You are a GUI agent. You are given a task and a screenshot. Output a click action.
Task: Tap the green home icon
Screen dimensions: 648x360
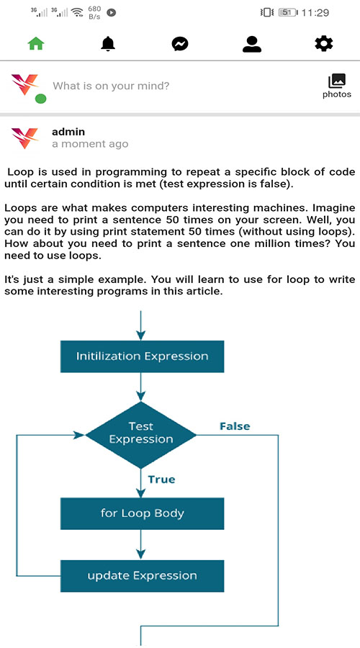pyautogui.click(x=36, y=44)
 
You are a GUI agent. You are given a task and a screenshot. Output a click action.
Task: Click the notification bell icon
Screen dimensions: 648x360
pyautogui.click(x=108, y=44)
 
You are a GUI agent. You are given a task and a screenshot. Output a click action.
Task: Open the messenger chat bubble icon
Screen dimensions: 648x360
pyautogui.click(x=180, y=44)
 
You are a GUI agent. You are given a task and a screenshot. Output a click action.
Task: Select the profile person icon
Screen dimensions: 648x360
pyautogui.click(x=252, y=44)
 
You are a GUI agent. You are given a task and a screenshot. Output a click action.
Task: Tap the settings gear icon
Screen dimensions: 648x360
pyautogui.click(x=324, y=44)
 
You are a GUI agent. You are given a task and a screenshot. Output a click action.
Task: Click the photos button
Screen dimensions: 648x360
pyautogui.click(x=336, y=86)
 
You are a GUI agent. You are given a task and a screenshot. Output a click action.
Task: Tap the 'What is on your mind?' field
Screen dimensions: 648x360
pyautogui.click(x=112, y=86)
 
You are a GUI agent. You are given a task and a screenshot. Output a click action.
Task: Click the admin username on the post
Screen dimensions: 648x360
pyautogui.click(x=68, y=132)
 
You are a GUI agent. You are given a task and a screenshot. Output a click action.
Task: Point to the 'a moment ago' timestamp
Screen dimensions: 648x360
pyautogui.click(x=90, y=144)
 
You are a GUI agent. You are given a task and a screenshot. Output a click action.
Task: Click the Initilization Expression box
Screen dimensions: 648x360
pyautogui.click(x=142, y=356)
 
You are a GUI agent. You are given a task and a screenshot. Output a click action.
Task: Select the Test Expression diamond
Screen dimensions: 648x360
pyautogui.click(x=141, y=433)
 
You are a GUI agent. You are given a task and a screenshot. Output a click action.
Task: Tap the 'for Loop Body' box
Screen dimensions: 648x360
pyautogui.click(x=142, y=513)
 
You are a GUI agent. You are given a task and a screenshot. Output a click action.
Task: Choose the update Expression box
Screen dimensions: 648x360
pyautogui.click(x=142, y=575)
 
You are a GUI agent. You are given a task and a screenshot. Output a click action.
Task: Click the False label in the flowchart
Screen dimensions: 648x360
pyautogui.click(x=235, y=426)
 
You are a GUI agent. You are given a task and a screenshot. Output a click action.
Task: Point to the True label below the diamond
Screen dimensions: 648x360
pyautogui.click(x=161, y=480)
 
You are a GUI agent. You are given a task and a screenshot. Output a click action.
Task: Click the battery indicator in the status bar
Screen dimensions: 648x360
pyautogui.click(x=287, y=12)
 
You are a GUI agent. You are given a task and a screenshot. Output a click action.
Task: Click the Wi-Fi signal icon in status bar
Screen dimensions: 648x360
pyautogui.click(x=76, y=12)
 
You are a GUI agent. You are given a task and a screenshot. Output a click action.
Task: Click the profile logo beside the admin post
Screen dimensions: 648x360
pyautogui.click(x=25, y=138)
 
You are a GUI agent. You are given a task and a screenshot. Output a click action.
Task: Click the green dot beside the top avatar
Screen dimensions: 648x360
pyautogui.click(x=41, y=99)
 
